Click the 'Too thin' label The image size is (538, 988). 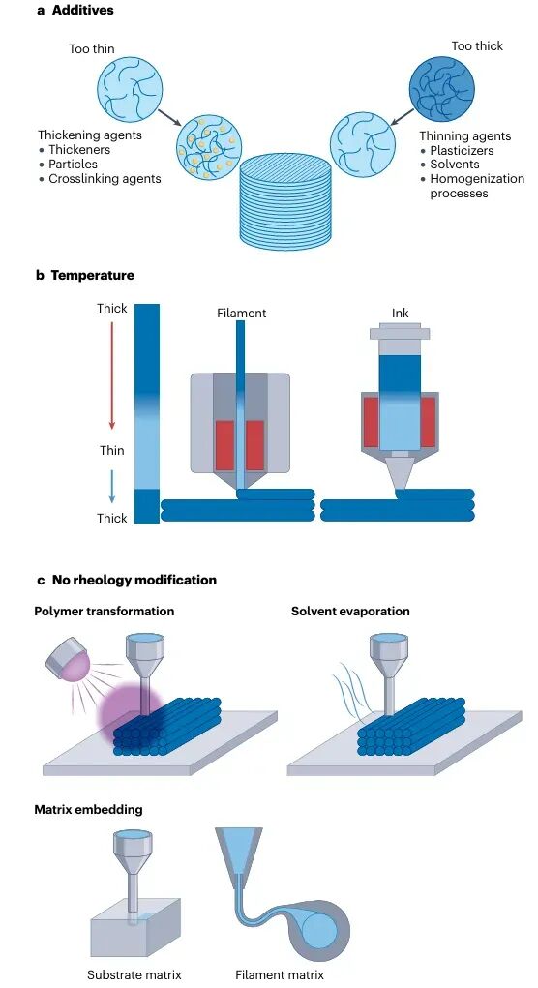coord(92,48)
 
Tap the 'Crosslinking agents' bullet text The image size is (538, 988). coord(105,179)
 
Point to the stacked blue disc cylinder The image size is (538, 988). coord(284,198)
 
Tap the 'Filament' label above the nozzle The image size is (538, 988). coord(242,314)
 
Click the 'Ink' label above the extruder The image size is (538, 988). coord(401,314)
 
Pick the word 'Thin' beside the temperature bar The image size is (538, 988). coord(112,451)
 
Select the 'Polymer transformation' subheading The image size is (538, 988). coord(105,612)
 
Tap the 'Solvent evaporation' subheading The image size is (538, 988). coord(350,612)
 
